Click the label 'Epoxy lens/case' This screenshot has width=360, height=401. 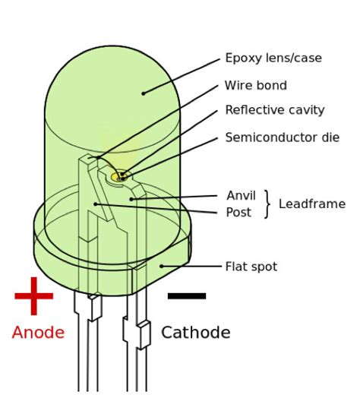coord(273,58)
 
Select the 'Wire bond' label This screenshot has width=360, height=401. coord(256,86)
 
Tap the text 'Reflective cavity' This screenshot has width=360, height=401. coord(275,110)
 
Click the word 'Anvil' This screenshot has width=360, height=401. coord(242,196)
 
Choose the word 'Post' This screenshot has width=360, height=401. coord(238,213)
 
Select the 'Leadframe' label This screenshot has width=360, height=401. coord(312,204)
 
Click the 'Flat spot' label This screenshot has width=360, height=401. coord(251,267)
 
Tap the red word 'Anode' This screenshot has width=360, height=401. coord(38,333)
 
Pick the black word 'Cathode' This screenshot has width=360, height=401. coord(196,333)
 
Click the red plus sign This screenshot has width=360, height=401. coord(34,295)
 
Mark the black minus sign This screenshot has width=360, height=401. coord(187,295)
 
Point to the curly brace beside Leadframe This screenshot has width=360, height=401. coord(267,204)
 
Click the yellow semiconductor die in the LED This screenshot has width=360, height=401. coord(116,177)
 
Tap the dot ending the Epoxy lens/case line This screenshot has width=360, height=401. coord(143,93)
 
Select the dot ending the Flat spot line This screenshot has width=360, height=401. coord(161,266)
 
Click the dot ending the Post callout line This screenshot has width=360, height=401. coord(95,204)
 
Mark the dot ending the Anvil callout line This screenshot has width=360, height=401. coord(131,199)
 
